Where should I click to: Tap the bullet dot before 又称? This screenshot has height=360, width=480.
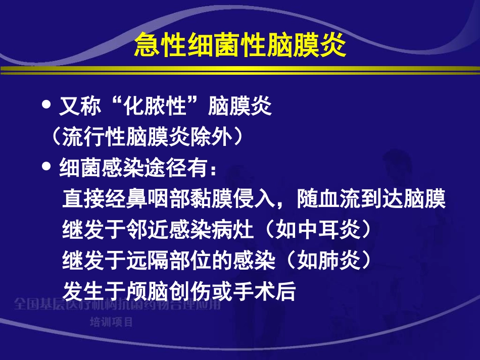(48, 106)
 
